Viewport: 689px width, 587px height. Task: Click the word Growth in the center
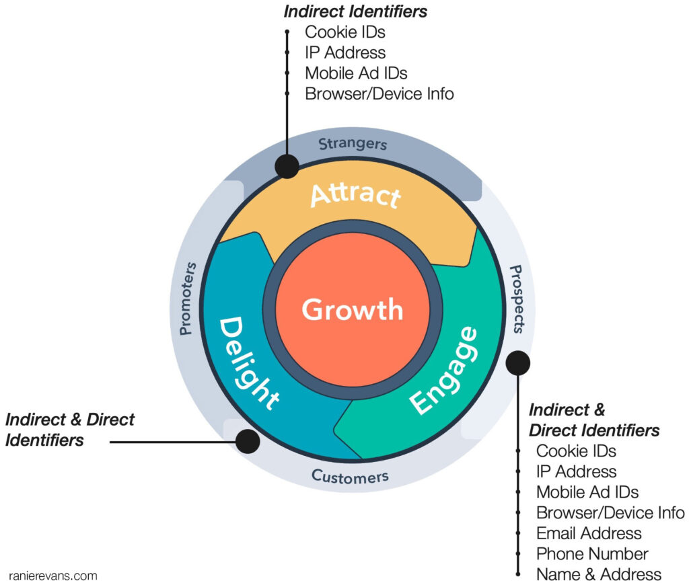pyautogui.click(x=352, y=310)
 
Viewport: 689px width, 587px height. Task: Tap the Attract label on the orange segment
pyautogui.click(x=355, y=195)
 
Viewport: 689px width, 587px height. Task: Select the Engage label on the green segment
pyautogui.click(x=444, y=370)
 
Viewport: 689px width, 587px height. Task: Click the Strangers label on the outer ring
pyautogui.click(x=353, y=144)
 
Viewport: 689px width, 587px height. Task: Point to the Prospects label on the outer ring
pyautogui.click(x=516, y=299)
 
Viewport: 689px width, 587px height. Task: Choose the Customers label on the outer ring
pyautogui.click(x=350, y=477)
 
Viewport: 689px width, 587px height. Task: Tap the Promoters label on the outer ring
pyautogui.click(x=188, y=299)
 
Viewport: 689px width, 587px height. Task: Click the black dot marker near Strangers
pyautogui.click(x=288, y=166)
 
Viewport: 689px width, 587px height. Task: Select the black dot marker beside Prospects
pyautogui.click(x=518, y=362)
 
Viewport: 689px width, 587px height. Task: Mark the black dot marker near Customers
pyautogui.click(x=248, y=442)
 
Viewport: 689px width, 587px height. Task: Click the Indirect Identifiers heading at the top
pyautogui.click(x=356, y=11)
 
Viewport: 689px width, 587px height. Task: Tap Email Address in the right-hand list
pyautogui.click(x=589, y=533)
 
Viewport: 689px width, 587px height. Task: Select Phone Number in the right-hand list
pyautogui.click(x=592, y=554)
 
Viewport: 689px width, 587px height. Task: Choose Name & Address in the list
pyautogui.click(x=599, y=575)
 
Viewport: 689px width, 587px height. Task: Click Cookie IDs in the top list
pyautogui.click(x=345, y=32)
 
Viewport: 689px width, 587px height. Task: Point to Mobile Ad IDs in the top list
pyautogui.click(x=356, y=73)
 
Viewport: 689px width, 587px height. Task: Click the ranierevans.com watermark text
pyautogui.click(x=53, y=576)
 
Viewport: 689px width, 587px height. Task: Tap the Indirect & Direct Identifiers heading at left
pyautogui.click(x=70, y=430)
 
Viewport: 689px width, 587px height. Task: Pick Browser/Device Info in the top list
pyautogui.click(x=379, y=93)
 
